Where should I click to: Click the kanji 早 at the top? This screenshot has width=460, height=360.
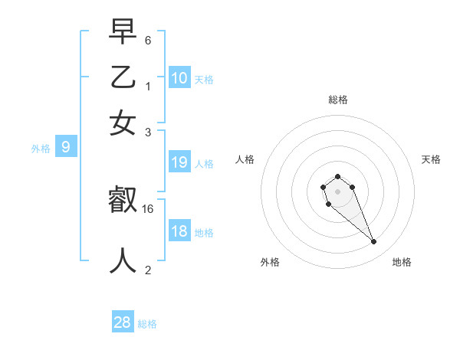[123, 32]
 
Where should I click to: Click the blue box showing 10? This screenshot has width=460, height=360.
[179, 78]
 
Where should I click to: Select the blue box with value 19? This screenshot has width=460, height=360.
[179, 162]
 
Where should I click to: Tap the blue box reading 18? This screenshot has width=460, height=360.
[179, 231]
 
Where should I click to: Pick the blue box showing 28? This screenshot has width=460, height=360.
[123, 322]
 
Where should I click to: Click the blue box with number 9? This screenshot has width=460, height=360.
[66, 148]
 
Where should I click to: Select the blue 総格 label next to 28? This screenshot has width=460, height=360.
[147, 324]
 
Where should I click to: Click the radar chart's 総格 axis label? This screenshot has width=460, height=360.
[338, 100]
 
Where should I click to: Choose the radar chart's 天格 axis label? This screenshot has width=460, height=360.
[431, 159]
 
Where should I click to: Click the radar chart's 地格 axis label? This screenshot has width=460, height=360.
[402, 262]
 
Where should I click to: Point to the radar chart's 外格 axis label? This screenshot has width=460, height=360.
[270, 262]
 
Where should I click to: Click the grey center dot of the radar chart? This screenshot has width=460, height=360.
[337, 191]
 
